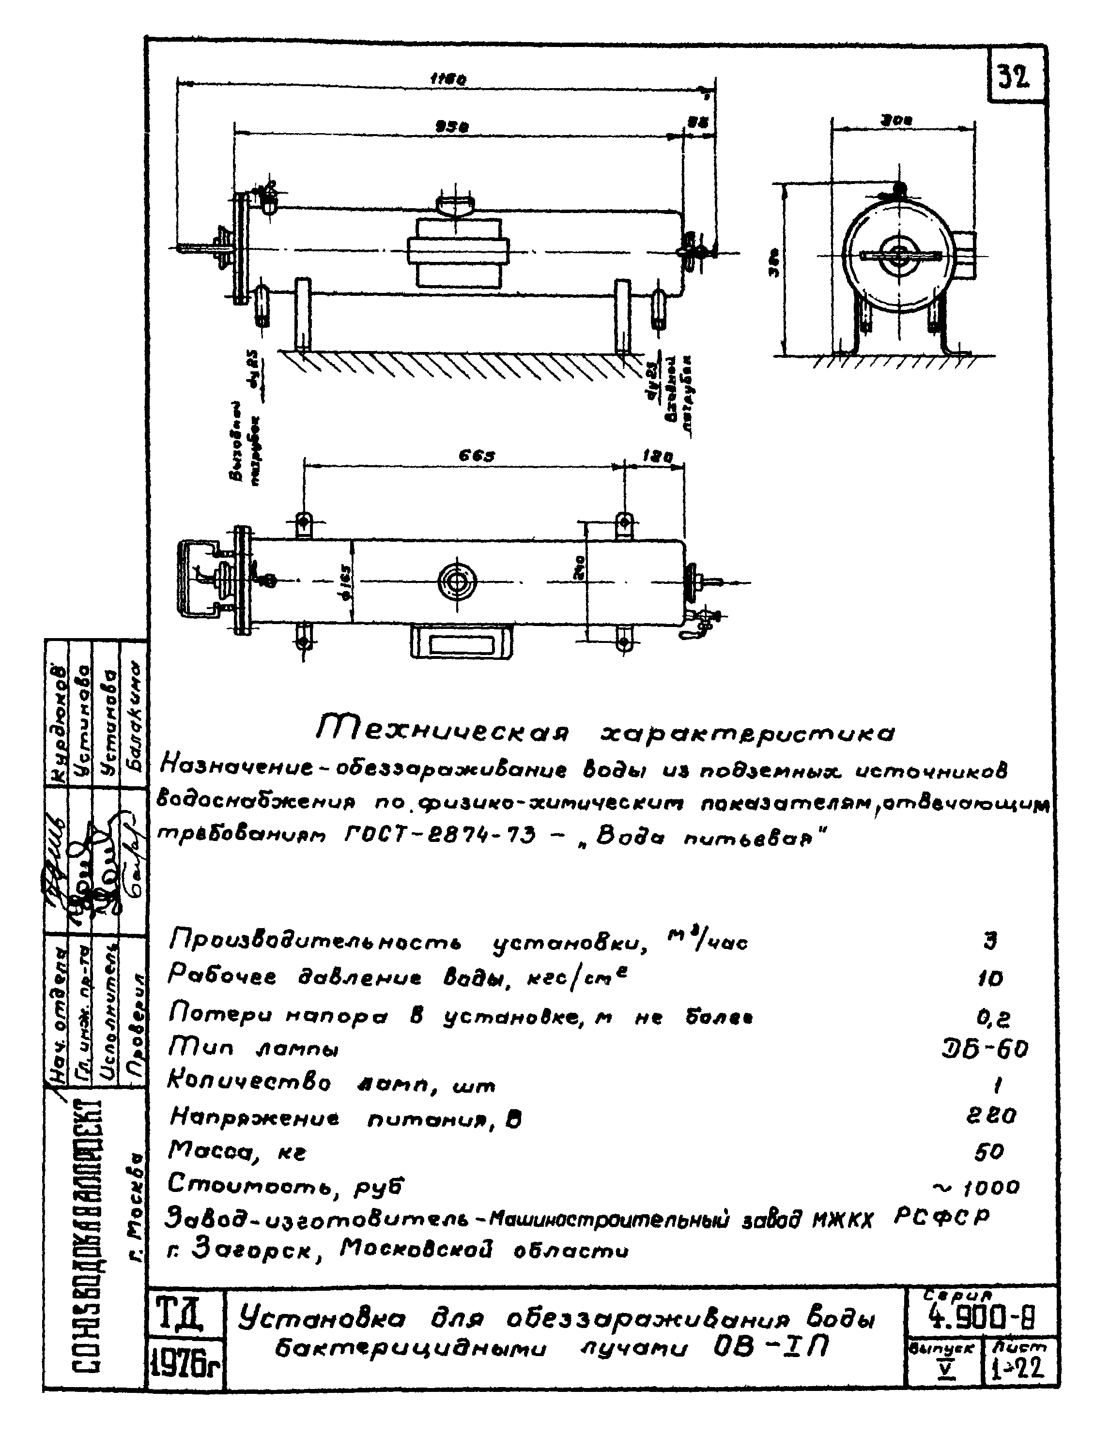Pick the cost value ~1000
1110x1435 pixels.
coord(977,1187)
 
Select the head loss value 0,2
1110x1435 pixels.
coord(993,1018)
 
